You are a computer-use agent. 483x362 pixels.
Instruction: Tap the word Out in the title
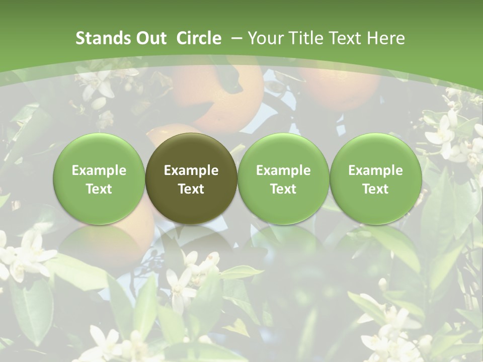(150, 38)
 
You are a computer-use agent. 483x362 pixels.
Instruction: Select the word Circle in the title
(199, 38)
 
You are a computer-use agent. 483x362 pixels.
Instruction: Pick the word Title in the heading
(304, 38)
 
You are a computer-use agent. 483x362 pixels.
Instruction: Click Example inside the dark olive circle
(191, 170)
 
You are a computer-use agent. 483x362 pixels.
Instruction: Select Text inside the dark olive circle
(191, 189)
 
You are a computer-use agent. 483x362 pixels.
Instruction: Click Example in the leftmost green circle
(99, 170)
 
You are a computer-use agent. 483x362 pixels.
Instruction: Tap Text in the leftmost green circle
(99, 189)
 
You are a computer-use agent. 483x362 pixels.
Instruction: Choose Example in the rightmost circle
(375, 170)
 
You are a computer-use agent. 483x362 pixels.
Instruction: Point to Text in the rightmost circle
(375, 189)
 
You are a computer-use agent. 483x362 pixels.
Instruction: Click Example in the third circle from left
(283, 170)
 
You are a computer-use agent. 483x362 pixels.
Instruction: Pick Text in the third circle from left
(283, 189)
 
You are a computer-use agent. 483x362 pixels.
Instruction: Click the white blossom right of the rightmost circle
(443, 133)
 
